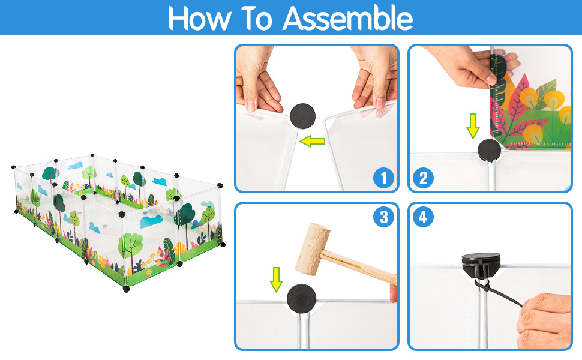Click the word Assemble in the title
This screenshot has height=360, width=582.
348,18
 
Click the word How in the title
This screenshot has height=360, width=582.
199,18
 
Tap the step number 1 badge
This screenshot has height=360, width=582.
383,178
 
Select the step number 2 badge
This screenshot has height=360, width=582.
423,178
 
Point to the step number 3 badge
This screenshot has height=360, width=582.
383,217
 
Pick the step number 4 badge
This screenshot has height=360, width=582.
423,217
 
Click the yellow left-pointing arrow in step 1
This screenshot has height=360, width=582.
312,141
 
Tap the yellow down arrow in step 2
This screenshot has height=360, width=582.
473,126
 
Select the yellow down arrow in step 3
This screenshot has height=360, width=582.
276,280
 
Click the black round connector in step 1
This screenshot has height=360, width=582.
302,116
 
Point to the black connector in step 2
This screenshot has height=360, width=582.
489,151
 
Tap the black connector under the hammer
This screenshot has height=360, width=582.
301,298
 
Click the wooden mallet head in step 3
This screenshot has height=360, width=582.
313,250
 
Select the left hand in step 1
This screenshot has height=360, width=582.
258,80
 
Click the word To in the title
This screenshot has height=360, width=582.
257,18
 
